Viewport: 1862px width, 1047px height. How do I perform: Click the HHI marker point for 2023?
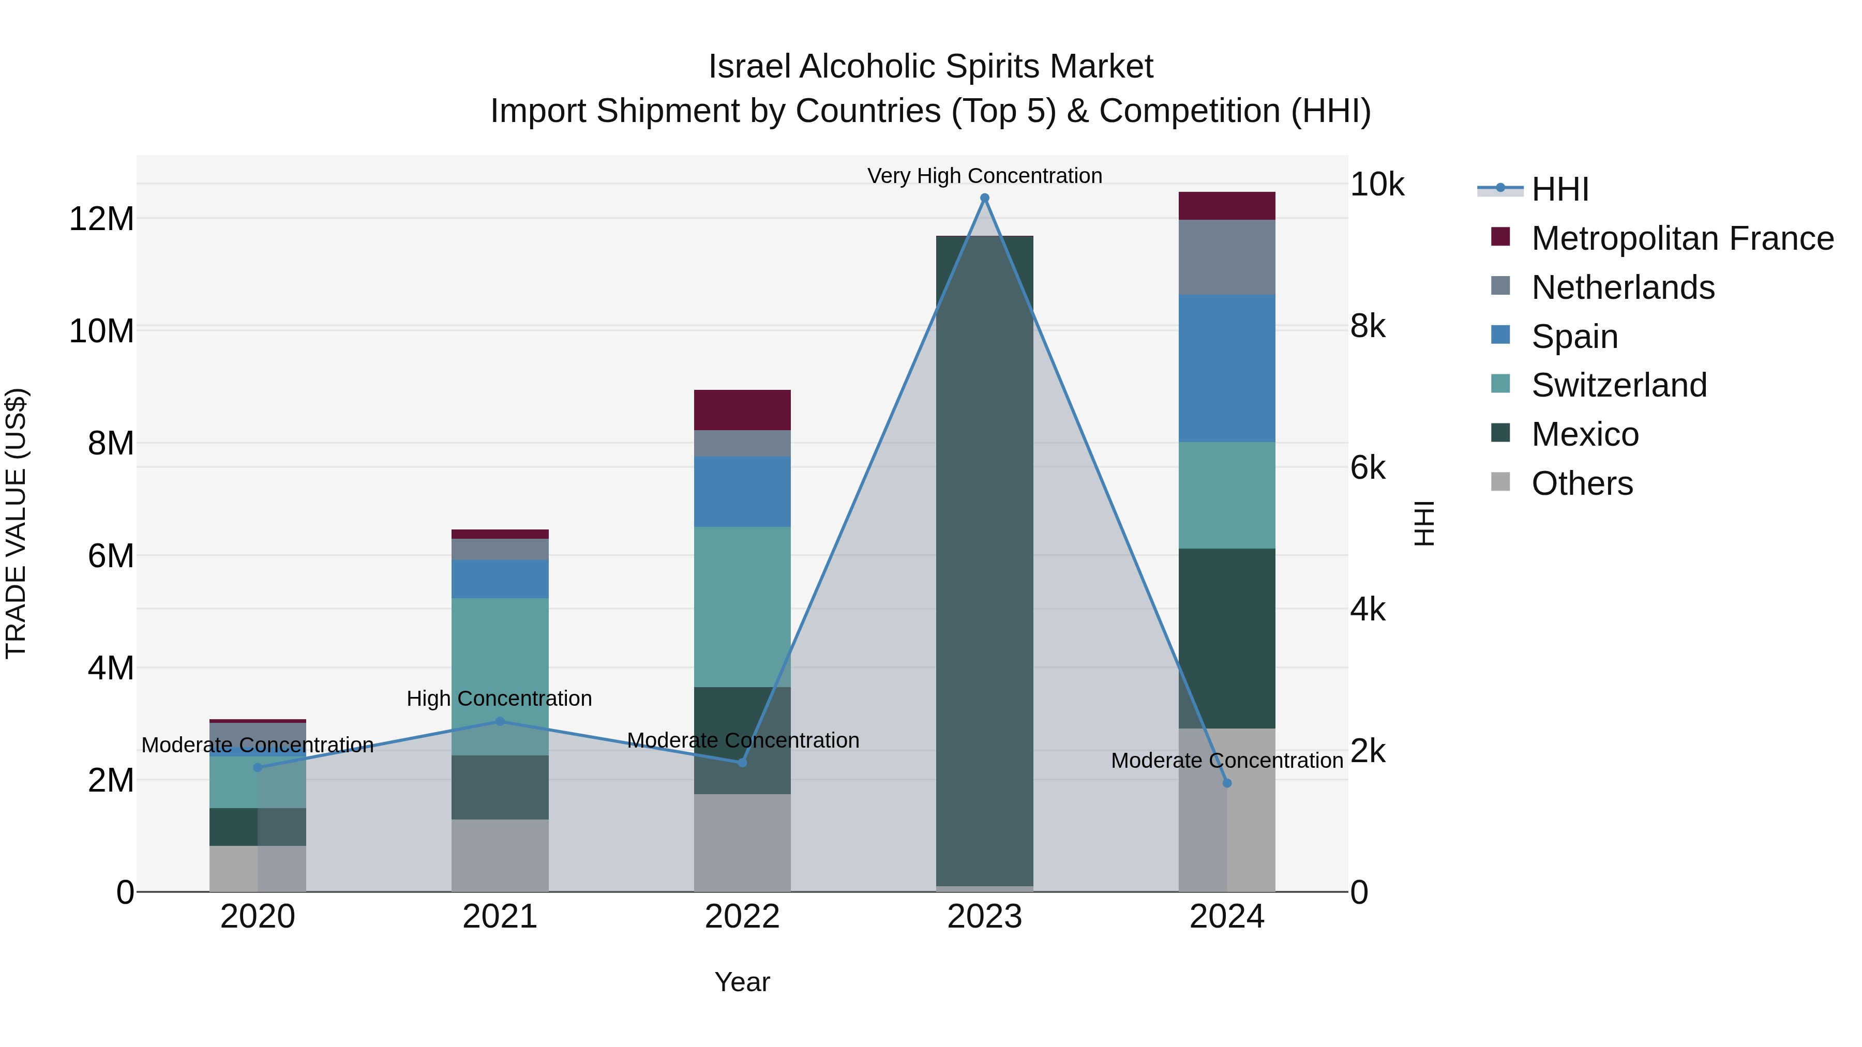(984, 198)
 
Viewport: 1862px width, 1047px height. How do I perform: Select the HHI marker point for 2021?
(500, 721)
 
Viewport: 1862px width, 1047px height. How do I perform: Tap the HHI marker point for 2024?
(1227, 783)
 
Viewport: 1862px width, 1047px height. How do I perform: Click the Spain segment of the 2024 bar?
(1227, 369)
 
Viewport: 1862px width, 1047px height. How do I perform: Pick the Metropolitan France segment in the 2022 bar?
(742, 409)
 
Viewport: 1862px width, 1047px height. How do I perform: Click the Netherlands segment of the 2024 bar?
(1227, 257)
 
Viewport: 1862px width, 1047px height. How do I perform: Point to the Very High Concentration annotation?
(984, 176)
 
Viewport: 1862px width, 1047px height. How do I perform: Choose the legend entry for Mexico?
(1584, 434)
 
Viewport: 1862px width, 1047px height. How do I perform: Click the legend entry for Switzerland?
(1618, 385)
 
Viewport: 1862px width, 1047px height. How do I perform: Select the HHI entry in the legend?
(1559, 189)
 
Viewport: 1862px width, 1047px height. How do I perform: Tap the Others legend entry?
(1582, 483)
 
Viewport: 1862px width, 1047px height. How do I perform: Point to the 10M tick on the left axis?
(101, 331)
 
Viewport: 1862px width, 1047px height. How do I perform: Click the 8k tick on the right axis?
(1368, 327)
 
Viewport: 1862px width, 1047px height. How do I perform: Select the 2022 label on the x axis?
(742, 917)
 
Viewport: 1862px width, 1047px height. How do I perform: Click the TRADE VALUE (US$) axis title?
(16, 523)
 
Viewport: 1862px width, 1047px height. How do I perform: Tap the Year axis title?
(742, 982)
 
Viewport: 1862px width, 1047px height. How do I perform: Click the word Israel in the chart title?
(749, 67)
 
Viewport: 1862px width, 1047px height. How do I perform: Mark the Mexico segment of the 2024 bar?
(1227, 638)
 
